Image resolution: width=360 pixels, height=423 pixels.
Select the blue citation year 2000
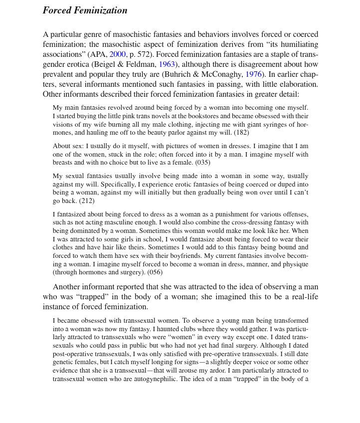(117, 54)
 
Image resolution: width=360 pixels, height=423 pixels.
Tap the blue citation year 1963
(167, 64)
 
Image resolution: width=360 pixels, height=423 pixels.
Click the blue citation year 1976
(253, 74)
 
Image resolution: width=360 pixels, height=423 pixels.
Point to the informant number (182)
(239, 133)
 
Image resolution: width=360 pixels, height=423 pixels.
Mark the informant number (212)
(87, 201)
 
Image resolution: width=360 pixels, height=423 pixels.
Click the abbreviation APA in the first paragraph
(98, 54)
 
